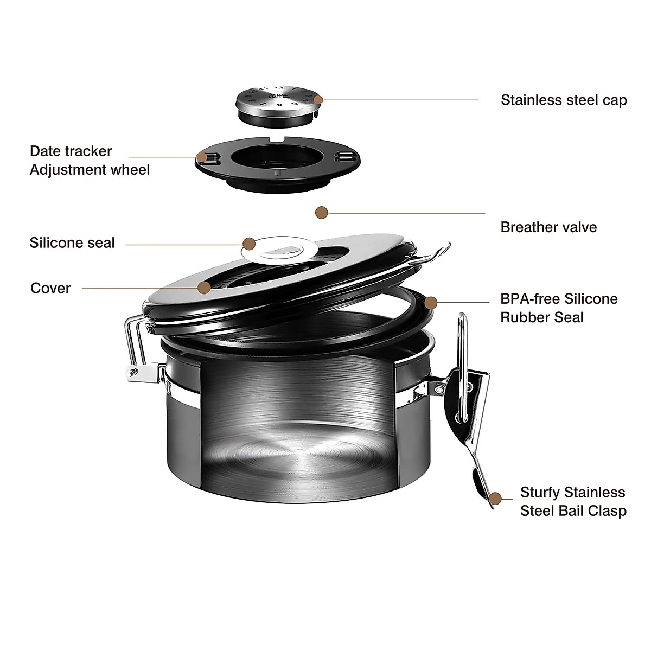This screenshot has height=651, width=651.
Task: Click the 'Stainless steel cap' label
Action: pyautogui.click(x=564, y=100)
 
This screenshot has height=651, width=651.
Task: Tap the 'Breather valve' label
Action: pyautogui.click(x=548, y=227)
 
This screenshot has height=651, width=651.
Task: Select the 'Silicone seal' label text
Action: pyautogui.click(x=72, y=243)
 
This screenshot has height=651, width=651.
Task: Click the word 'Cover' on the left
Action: pyautogui.click(x=50, y=288)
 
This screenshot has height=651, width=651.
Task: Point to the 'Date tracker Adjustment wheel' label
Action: pyautogui.click(x=90, y=161)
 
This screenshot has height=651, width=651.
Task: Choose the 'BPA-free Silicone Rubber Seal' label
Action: pyautogui.click(x=559, y=308)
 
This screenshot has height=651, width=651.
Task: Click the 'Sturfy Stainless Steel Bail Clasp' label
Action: pyautogui.click(x=573, y=502)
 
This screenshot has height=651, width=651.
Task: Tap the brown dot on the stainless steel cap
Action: pyautogui.click(x=318, y=100)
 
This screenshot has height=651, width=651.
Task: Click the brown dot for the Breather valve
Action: pyautogui.click(x=322, y=212)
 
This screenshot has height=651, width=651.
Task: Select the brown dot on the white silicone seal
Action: pyautogui.click(x=249, y=244)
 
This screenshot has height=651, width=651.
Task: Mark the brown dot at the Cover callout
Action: pyautogui.click(x=204, y=288)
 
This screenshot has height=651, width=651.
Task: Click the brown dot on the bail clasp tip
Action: pyautogui.click(x=495, y=499)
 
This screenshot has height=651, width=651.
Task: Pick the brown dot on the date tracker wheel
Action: pyautogui.click(x=202, y=157)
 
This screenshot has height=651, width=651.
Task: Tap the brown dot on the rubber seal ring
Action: pyautogui.click(x=431, y=302)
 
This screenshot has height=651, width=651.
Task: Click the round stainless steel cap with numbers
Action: pyautogui.click(x=277, y=101)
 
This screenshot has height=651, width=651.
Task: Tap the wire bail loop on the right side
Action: pyautogui.click(x=462, y=369)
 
